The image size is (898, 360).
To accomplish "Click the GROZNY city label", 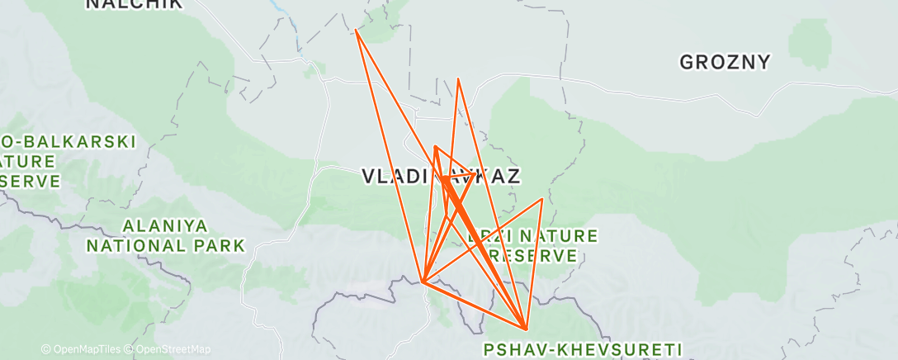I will click(725, 62).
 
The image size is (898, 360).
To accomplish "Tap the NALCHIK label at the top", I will click(124, 4).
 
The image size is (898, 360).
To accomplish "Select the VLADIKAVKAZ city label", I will click(442, 176).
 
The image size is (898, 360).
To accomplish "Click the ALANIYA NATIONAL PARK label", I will click(167, 235).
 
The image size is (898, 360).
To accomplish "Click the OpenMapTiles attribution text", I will click(83, 350).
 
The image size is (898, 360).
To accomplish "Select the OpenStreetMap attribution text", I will click(170, 350).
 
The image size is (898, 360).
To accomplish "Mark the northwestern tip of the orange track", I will click(356, 31).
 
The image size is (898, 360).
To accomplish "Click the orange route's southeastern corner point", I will click(526, 329).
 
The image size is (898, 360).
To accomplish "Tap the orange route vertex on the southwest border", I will click(422, 282).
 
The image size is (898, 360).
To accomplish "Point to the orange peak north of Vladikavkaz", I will click(458, 79).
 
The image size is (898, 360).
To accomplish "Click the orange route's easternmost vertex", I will click(542, 199).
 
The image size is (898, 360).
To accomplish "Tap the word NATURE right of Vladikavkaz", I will click(562, 237).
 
